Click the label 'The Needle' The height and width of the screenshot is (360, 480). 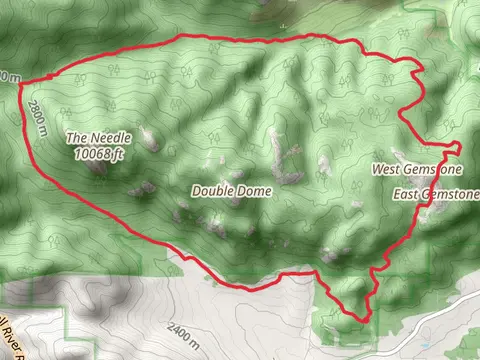(98, 137)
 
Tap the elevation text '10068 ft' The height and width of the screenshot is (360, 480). (98, 154)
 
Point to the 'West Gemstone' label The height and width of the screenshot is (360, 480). (417, 170)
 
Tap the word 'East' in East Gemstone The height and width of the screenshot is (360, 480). (406, 193)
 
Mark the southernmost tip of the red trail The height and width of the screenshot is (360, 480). (362, 321)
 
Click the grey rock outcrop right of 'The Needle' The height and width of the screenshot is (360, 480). (150, 140)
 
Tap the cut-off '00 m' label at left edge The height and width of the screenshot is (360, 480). (8, 75)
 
